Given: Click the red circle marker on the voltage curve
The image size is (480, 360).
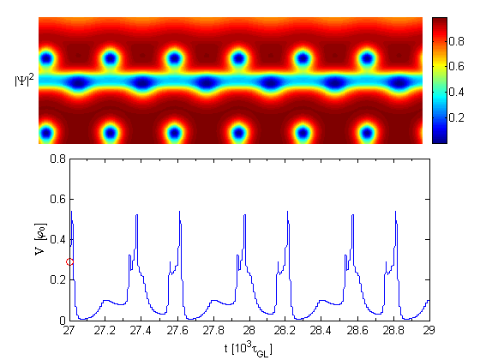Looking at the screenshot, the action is [69, 261].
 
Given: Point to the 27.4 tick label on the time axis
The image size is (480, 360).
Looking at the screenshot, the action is [141, 331].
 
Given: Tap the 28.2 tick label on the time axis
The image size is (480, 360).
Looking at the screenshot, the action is [285, 331].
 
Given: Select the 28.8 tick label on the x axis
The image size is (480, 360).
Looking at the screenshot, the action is [393, 331].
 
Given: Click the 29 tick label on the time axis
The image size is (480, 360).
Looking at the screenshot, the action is [429, 331].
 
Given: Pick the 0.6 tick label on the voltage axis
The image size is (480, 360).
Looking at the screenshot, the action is [58, 199].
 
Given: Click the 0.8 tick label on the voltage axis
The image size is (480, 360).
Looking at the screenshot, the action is [58, 159].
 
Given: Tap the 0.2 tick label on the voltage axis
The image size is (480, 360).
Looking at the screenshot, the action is [58, 279].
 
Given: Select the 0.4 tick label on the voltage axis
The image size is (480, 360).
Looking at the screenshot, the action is [58, 240].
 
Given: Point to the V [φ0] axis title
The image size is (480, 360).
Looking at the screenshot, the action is [41, 239].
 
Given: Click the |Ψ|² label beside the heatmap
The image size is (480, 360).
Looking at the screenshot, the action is [25, 81].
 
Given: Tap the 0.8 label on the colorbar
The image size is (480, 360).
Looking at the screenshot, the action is [456, 41].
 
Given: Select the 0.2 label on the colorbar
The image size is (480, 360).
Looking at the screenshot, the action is [456, 117].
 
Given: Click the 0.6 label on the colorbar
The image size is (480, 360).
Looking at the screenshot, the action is [456, 67].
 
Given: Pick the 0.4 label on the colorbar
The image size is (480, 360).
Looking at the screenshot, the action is [456, 92].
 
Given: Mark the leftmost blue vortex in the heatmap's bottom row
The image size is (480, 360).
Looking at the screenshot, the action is [46, 134].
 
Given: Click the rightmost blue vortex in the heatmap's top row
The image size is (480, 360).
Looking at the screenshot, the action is [367, 58].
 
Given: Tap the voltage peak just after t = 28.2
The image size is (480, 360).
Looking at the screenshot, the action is [287, 211].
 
